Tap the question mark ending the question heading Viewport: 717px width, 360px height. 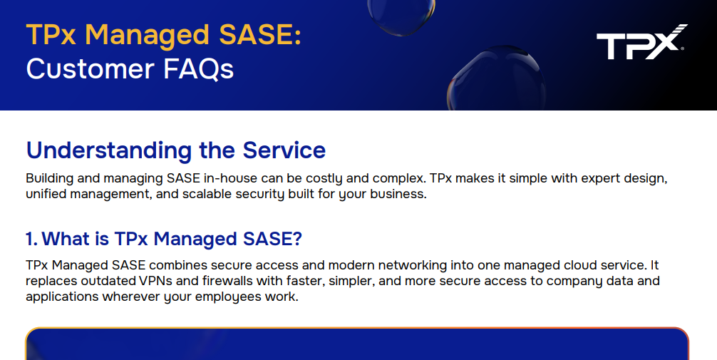[x=297, y=238]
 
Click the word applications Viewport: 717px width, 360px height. [x=62, y=297]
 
